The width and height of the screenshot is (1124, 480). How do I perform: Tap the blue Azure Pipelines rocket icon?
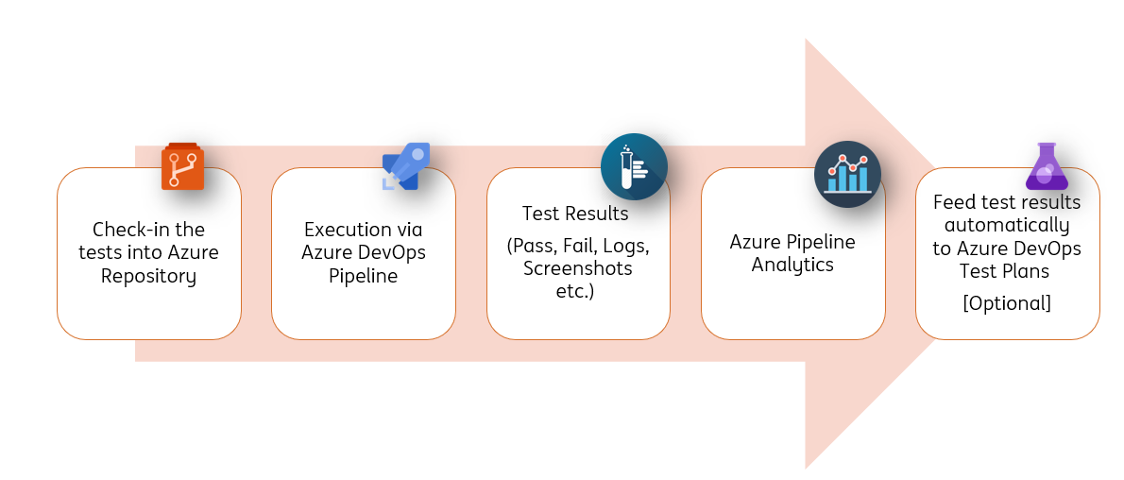point(406,166)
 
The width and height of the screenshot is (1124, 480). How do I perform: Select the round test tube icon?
point(634,167)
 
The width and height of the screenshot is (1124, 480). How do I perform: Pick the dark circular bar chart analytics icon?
point(847,174)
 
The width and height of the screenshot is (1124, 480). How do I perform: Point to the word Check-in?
point(126,230)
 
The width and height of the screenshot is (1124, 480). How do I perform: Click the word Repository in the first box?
point(149,276)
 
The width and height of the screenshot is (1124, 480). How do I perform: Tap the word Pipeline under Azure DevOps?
point(364,276)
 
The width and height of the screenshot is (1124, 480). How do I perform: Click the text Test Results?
point(575,213)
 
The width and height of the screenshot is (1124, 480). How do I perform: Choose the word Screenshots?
point(578,267)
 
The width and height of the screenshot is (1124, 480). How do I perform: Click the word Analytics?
point(792,265)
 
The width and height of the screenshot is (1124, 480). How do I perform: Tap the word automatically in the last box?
point(1007,226)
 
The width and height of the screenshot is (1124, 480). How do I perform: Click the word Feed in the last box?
point(952,202)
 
